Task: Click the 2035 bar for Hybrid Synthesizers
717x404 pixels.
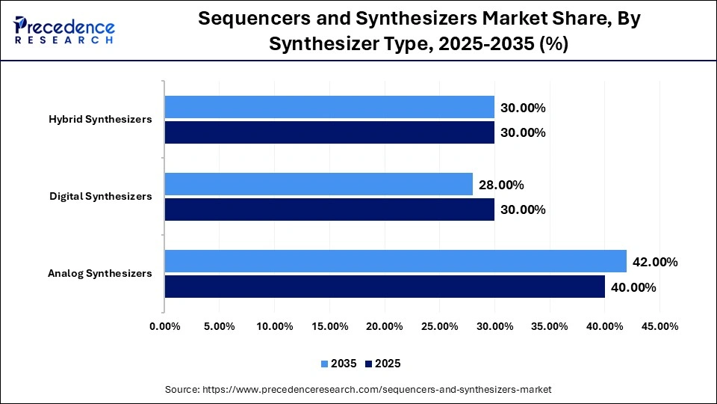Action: (x=329, y=107)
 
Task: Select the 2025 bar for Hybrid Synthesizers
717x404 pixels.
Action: (x=329, y=132)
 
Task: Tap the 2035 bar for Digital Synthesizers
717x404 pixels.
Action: (x=318, y=184)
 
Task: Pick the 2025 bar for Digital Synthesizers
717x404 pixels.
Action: (x=329, y=209)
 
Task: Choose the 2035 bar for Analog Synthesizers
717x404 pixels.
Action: (x=395, y=261)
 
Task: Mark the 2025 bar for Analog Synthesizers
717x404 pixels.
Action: (x=384, y=287)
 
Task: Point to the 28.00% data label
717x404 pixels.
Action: (x=501, y=185)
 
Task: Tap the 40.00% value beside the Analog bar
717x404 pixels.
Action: (x=633, y=287)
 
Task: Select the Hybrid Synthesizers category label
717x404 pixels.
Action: (x=100, y=120)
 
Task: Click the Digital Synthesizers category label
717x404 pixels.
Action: (x=100, y=197)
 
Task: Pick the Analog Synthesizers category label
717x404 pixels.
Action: (x=99, y=274)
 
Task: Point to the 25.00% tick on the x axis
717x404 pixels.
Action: (x=439, y=326)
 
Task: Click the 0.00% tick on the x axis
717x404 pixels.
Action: (x=165, y=326)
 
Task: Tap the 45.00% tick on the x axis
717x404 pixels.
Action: (x=659, y=326)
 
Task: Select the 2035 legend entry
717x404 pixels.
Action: (x=339, y=364)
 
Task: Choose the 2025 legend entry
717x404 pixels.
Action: (x=383, y=364)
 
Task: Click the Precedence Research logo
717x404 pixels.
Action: (x=64, y=30)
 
